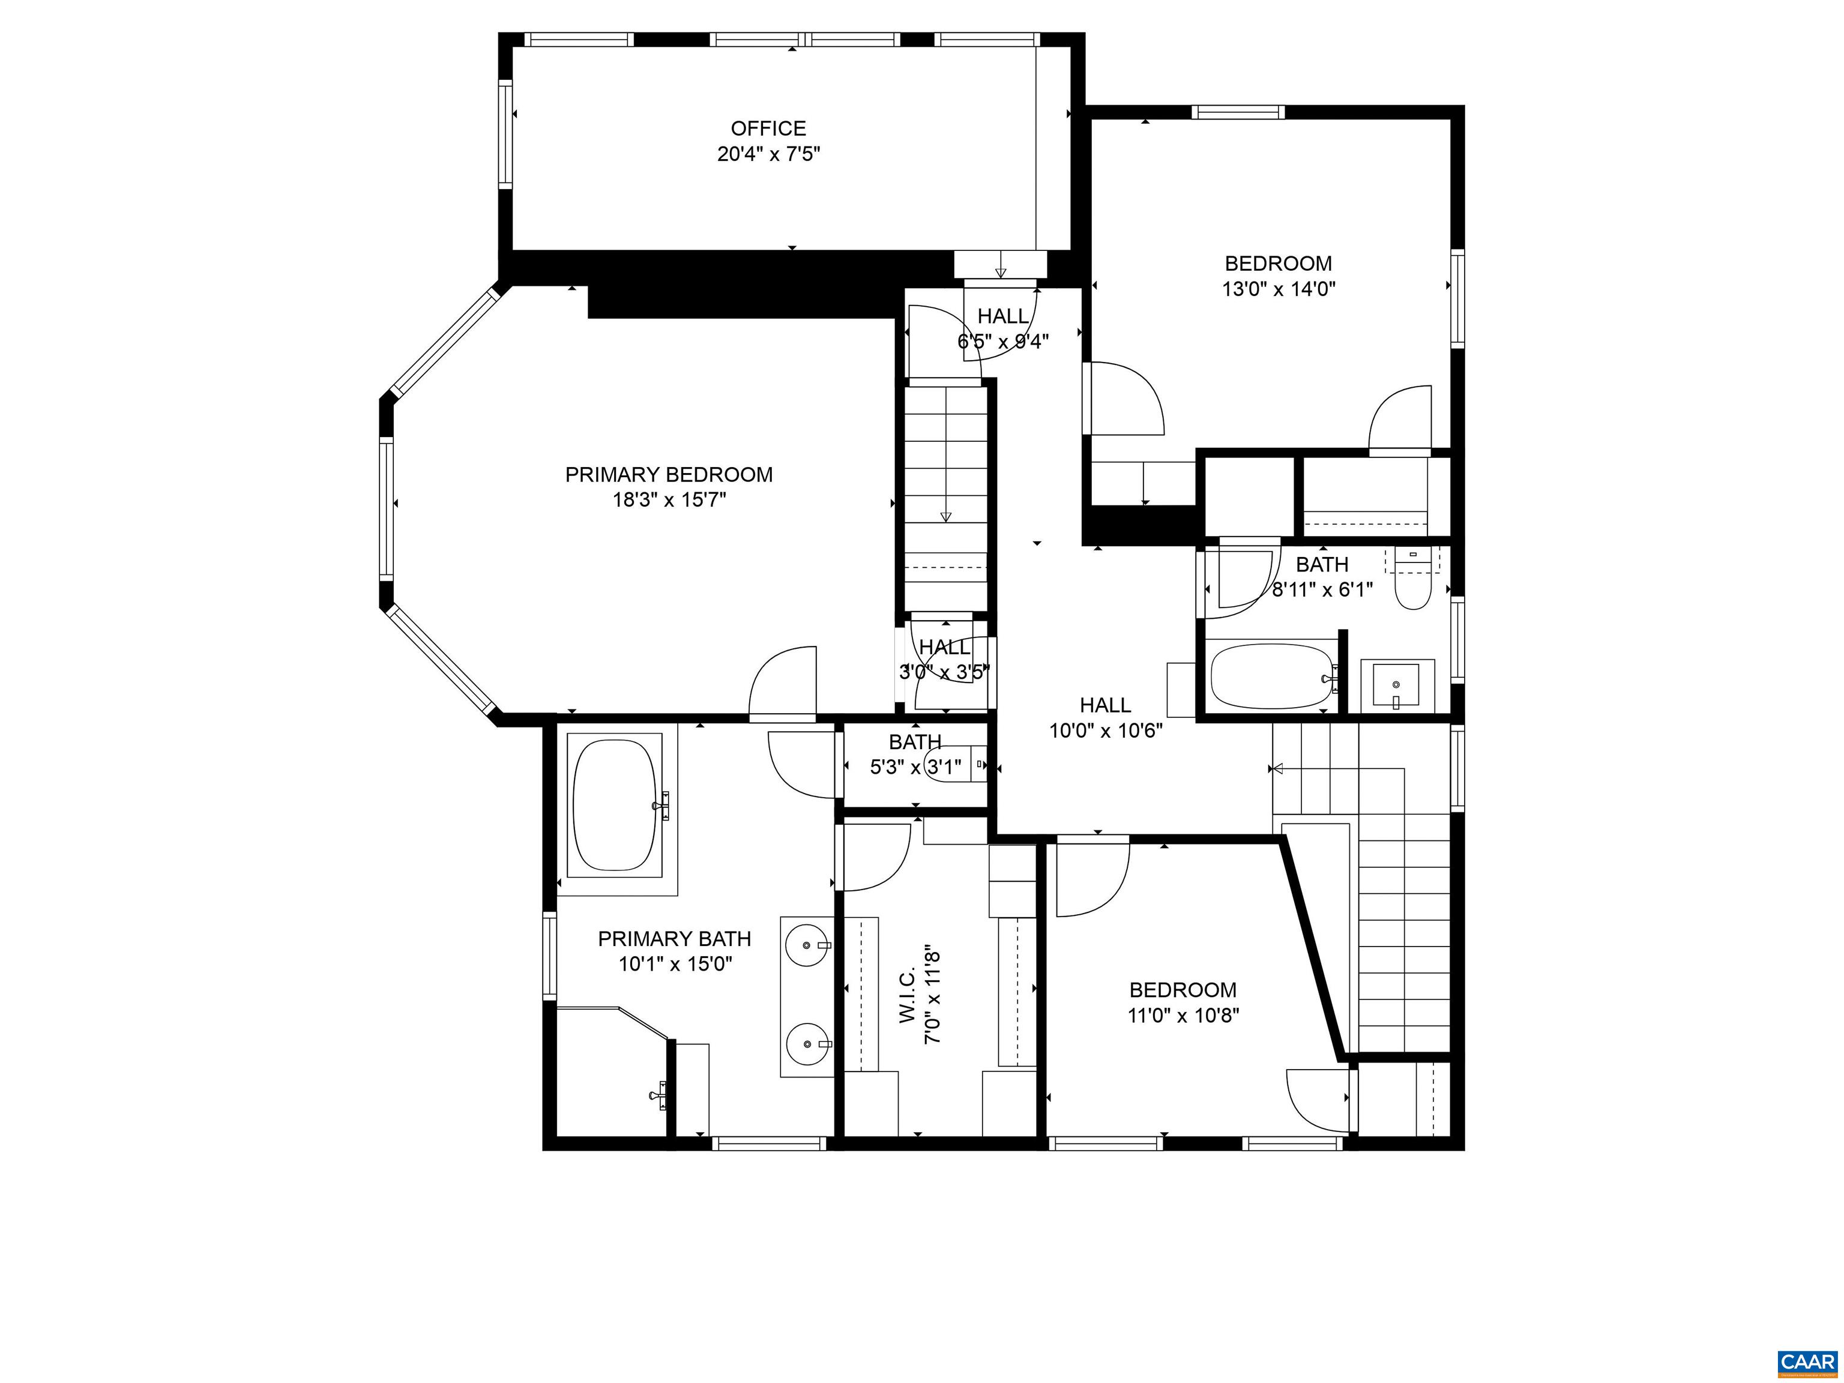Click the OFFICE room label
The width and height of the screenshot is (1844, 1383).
[768, 128]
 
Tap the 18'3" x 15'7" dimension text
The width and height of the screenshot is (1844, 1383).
[669, 500]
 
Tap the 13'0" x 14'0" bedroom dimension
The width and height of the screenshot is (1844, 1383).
[1279, 289]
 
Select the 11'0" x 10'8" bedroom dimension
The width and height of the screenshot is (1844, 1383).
[1182, 1016]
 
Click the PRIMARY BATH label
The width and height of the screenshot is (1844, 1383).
[675, 939]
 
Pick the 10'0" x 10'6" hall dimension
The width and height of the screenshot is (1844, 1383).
[1106, 731]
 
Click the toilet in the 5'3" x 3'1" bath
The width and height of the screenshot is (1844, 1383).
[948, 765]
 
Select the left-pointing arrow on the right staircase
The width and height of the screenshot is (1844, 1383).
[1276, 768]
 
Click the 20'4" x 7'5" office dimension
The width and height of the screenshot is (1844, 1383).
[768, 154]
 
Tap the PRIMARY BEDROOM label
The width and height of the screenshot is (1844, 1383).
[669, 474]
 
